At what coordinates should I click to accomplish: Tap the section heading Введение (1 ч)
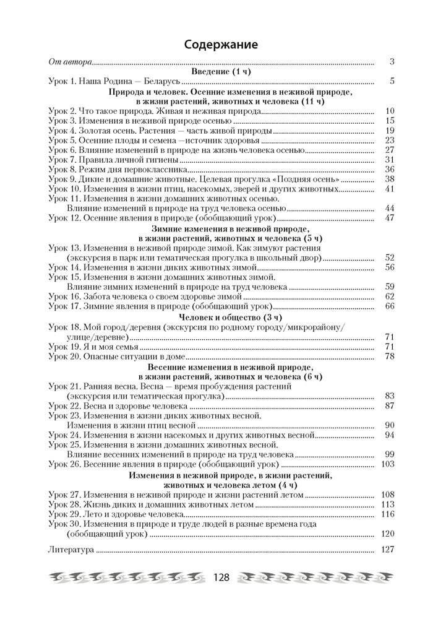coord(221,72)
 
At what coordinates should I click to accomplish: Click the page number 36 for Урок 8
coord(389,169)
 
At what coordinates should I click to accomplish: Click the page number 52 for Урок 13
coord(389,257)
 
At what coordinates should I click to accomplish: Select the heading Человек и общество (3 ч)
coord(221,316)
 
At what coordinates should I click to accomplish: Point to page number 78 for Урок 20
coord(389,357)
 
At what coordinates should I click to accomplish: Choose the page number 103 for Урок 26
coord(387,464)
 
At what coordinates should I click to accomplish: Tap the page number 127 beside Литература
coord(387,549)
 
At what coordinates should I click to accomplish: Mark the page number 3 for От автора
coord(392,63)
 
